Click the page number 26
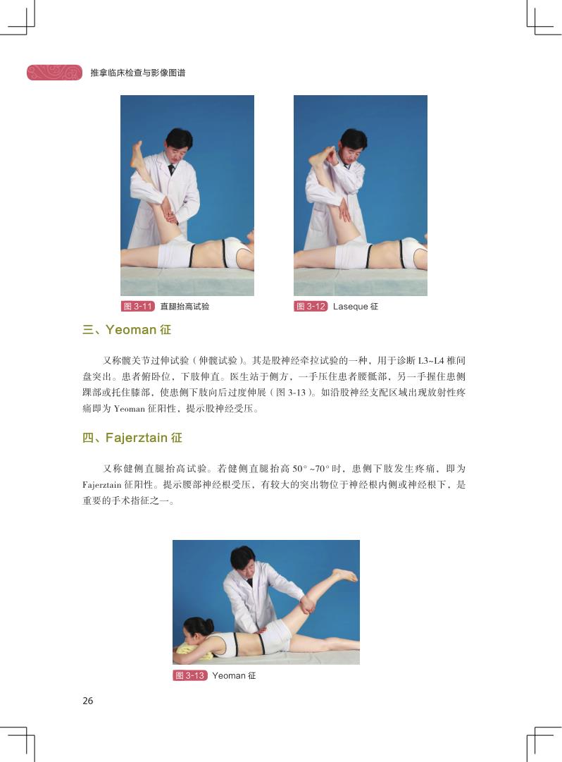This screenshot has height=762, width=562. pyautogui.click(x=88, y=700)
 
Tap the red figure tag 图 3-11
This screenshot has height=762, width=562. pyautogui.click(x=138, y=306)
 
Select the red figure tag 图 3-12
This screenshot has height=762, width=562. pyautogui.click(x=311, y=306)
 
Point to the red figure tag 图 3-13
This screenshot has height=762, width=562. pyautogui.click(x=189, y=675)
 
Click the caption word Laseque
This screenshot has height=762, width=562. pyautogui.click(x=351, y=307)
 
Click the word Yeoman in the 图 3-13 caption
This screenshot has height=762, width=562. pyautogui.click(x=229, y=675)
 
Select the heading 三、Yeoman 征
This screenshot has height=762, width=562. pyautogui.click(x=127, y=329)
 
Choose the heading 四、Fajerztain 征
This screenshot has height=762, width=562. pyautogui.click(x=132, y=437)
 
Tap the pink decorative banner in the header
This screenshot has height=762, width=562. pyautogui.click(x=54, y=73)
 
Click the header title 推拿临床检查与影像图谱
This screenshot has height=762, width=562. pyautogui.click(x=138, y=73)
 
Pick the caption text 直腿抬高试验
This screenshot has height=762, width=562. pyautogui.click(x=185, y=307)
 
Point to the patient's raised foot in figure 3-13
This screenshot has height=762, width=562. pyautogui.click(x=345, y=575)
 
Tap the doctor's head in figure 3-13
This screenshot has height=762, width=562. pyautogui.click(x=243, y=560)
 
